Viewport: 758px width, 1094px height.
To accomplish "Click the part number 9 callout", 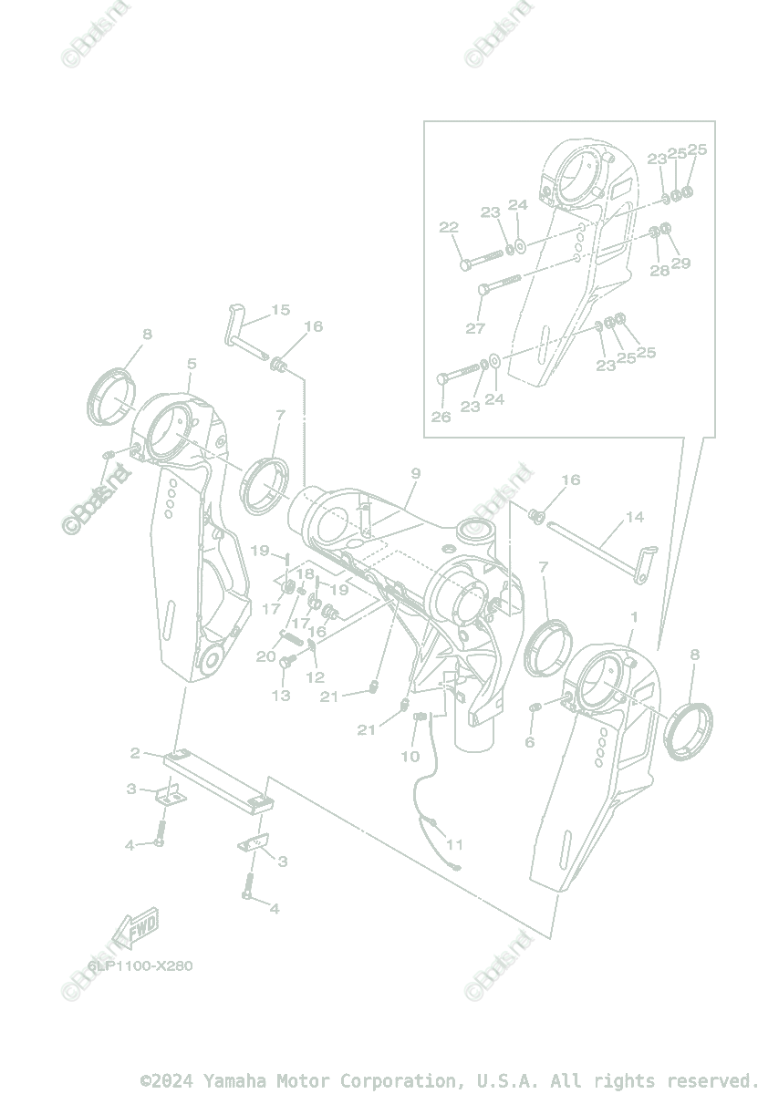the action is [415, 474].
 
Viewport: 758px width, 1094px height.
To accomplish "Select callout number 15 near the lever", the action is [280, 310].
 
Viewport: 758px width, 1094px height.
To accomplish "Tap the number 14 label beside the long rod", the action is [635, 517].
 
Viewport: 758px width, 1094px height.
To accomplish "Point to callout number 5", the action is [192, 364].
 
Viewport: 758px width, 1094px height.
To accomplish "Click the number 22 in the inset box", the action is [449, 227].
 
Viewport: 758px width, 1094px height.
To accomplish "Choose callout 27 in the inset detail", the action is [475, 328].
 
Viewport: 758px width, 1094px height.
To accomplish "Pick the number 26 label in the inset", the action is [441, 417].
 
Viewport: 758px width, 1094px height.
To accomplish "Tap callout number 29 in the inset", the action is [680, 263].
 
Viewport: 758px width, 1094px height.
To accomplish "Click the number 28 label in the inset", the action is [659, 271].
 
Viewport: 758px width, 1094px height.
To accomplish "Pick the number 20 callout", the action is [265, 656].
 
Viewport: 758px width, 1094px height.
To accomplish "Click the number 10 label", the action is [410, 756].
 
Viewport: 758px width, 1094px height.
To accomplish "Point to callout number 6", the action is [529, 742].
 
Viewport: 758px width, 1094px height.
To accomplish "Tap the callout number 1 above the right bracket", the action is [635, 617].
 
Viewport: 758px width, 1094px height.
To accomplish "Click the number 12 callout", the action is [315, 677].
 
